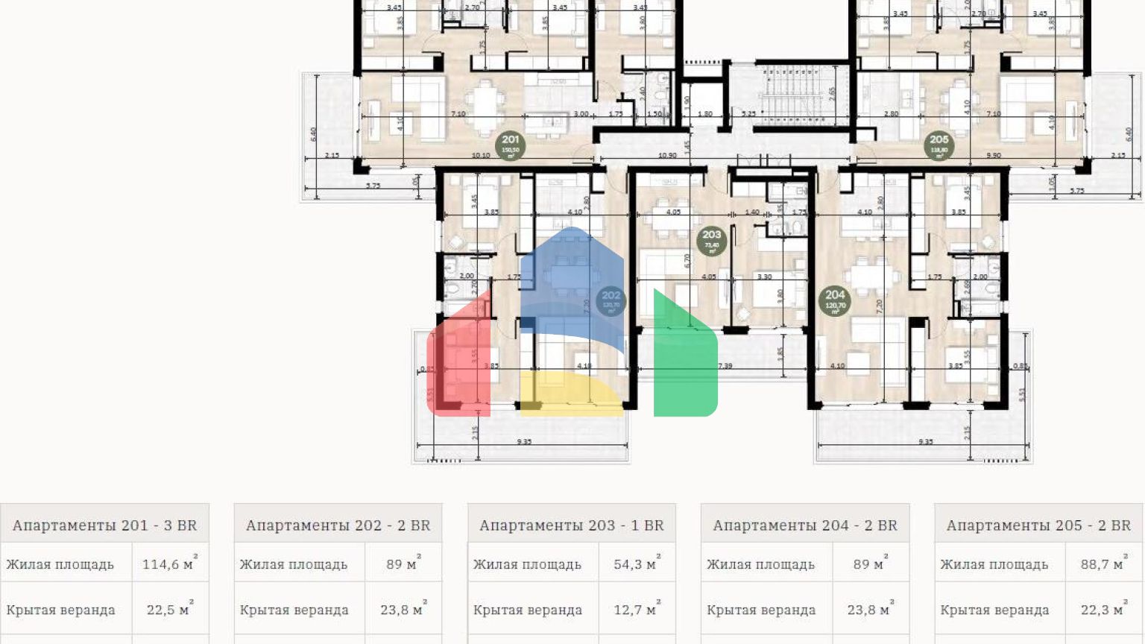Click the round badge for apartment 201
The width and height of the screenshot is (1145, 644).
pyautogui.click(x=511, y=145)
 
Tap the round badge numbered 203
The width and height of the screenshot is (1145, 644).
pyautogui.click(x=712, y=240)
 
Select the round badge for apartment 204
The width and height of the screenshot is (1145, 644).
pyautogui.click(x=835, y=300)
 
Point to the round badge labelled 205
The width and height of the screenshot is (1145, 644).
pyautogui.click(x=939, y=145)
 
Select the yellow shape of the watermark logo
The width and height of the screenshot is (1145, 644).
pyautogui.click(x=570, y=393)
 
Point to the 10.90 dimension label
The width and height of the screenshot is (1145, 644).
pyautogui.click(x=667, y=156)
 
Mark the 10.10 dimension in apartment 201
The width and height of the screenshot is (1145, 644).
pyautogui.click(x=481, y=156)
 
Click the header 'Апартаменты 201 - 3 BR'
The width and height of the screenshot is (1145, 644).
pyautogui.click(x=104, y=525)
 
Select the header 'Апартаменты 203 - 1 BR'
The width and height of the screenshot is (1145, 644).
pyautogui.click(x=571, y=525)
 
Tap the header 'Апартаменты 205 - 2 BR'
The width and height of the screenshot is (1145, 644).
pyautogui.click(x=1038, y=525)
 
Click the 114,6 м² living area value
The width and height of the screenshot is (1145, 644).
pyautogui.click(x=168, y=564)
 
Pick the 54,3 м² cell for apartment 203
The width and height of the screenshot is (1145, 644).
pyautogui.click(x=635, y=564)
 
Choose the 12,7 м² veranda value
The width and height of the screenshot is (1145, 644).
pyautogui.click(x=635, y=610)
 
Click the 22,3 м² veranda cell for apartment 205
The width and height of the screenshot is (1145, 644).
pyautogui.click(x=1103, y=610)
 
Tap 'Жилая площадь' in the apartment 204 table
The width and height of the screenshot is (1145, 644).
pyautogui.click(x=760, y=564)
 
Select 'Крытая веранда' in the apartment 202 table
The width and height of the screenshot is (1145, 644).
pyautogui.click(x=294, y=610)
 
